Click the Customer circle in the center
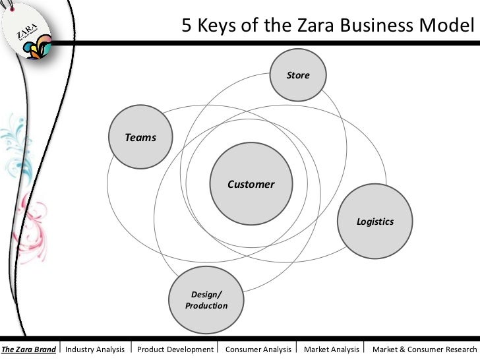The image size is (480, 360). (x=251, y=184)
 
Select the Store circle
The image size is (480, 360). (x=298, y=76)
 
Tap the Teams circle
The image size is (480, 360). (x=140, y=138)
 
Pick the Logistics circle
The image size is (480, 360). (x=375, y=222)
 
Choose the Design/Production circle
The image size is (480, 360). (x=206, y=300)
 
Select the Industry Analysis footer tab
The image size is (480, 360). (x=95, y=349)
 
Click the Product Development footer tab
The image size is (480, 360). (x=175, y=349)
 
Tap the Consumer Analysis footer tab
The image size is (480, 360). (x=258, y=349)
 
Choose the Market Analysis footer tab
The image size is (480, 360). (x=331, y=349)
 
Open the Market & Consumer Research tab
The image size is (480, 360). (x=424, y=349)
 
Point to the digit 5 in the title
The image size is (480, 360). (x=187, y=27)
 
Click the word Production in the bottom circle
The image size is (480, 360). (x=206, y=306)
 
